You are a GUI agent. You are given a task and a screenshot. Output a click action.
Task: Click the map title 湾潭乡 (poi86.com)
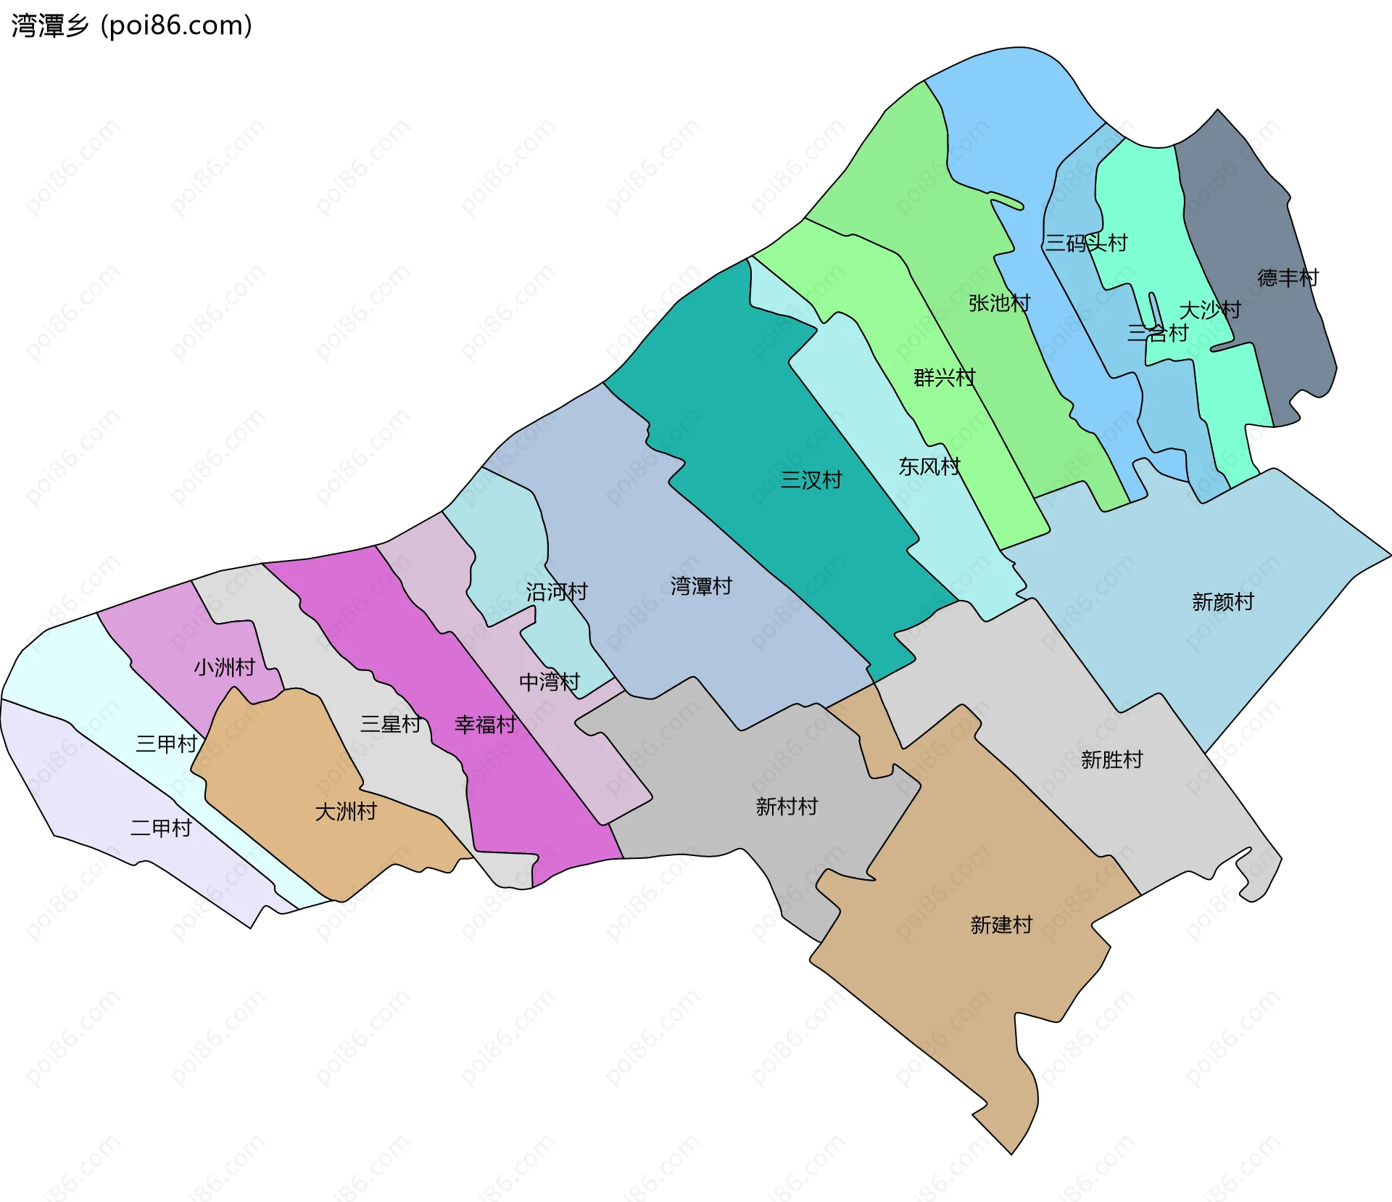[x=132, y=25]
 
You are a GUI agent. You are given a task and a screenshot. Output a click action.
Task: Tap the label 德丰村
[x=1288, y=278]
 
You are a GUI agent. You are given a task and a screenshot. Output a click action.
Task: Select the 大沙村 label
[x=1210, y=310]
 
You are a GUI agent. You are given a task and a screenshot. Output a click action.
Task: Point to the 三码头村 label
[x=1086, y=243]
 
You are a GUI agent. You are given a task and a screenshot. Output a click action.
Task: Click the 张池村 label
[x=999, y=303]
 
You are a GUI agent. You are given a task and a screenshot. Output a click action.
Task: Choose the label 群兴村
[x=944, y=378]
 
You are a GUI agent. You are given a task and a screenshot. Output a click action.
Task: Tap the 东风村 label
[x=929, y=466]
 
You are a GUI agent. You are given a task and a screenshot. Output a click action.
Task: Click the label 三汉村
[x=811, y=480]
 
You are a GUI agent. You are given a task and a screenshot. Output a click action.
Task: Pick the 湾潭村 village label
[x=701, y=586]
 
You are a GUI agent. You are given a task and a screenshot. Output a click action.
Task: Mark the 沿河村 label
[x=557, y=592]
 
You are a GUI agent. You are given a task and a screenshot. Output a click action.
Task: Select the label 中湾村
[x=550, y=682]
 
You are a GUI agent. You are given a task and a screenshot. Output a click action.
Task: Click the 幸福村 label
[x=485, y=725]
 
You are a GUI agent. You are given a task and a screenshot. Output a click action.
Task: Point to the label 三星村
[x=391, y=724]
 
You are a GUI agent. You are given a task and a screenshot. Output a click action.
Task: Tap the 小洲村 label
[x=225, y=667]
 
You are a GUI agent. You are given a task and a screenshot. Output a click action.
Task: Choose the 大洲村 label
[x=346, y=812]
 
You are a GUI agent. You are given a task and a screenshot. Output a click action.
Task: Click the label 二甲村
[x=161, y=828]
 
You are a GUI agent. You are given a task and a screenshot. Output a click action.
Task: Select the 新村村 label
[x=787, y=807]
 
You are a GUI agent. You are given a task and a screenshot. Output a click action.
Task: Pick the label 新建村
[x=1001, y=925]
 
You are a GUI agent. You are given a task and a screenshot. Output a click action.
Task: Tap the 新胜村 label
[x=1111, y=760]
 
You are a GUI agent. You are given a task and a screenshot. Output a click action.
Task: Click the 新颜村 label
[x=1222, y=602]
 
